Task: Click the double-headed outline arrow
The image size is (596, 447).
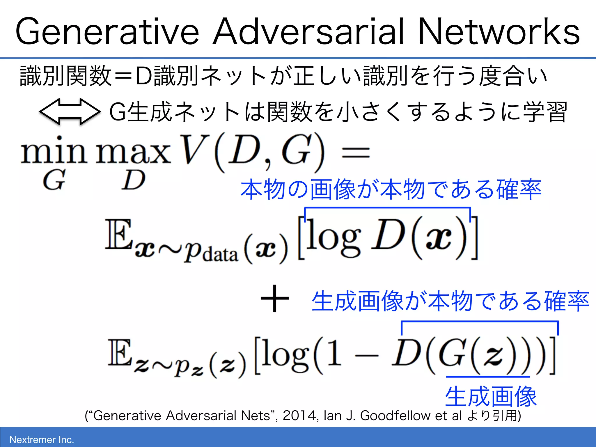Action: tap(70, 112)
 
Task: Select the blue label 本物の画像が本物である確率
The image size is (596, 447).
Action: tap(391, 190)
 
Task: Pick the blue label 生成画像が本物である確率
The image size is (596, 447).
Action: tap(450, 301)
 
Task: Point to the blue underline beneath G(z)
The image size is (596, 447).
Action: tap(488, 377)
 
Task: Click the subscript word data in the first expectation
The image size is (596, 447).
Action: tap(220, 254)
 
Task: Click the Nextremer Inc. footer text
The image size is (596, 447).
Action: tap(42, 439)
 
